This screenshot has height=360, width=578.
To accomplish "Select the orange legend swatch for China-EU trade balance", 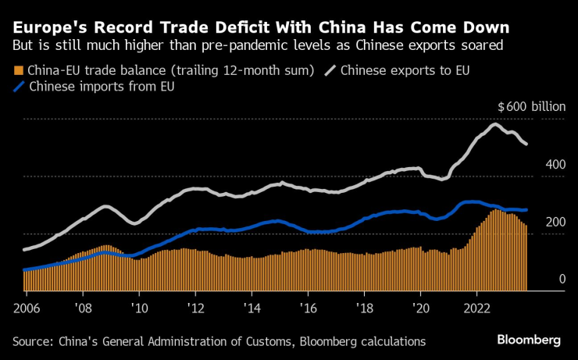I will coord(19,70).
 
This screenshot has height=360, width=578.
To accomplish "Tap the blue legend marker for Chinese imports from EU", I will coord(19,87).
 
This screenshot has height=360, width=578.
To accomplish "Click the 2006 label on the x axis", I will coord(26,305).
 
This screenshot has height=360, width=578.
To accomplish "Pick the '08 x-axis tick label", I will coord(82,305).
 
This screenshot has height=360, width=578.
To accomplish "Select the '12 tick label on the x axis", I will coord(194,305).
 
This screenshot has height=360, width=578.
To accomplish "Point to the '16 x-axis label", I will coord(308,305).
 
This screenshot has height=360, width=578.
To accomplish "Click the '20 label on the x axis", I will coord(420,305).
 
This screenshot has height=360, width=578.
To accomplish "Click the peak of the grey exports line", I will coord(494,124).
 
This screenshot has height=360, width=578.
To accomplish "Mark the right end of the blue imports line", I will coord(526,210).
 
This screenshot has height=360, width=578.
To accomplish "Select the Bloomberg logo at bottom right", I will coord(529,340).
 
